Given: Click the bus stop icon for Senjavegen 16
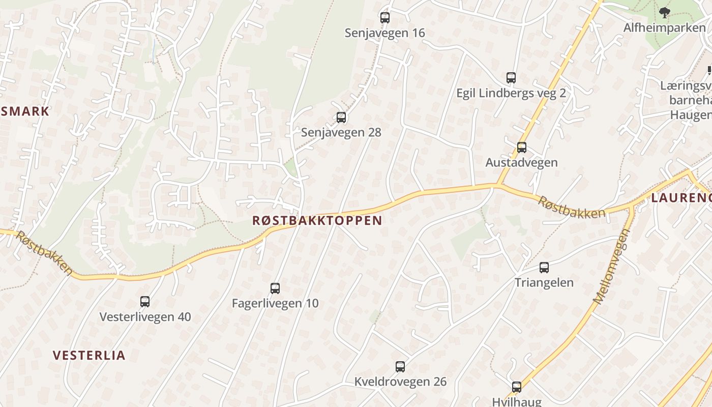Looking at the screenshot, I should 385,18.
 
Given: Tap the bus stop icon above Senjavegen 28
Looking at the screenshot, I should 341,118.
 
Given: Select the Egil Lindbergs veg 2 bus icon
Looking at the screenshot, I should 511,78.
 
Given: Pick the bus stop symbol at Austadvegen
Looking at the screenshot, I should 522,148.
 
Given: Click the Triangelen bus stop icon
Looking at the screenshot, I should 544,268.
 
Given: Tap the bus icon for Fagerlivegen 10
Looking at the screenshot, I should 275,288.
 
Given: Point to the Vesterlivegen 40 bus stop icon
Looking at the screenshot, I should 145,302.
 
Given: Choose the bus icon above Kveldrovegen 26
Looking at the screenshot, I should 400,367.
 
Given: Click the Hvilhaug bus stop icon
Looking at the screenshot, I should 517,387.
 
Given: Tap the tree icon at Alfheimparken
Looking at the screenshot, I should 664,12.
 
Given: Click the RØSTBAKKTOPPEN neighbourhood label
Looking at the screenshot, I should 317,220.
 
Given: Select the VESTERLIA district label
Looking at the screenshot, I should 89,355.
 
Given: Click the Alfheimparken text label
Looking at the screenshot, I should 664,27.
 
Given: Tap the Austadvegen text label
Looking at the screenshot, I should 521,162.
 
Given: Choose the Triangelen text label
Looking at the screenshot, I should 544,282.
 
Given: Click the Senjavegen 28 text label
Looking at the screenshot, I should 341,132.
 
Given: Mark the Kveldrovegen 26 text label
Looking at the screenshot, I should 400,382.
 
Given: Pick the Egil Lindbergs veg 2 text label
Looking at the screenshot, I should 511,93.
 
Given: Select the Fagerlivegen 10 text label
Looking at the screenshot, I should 275,303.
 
